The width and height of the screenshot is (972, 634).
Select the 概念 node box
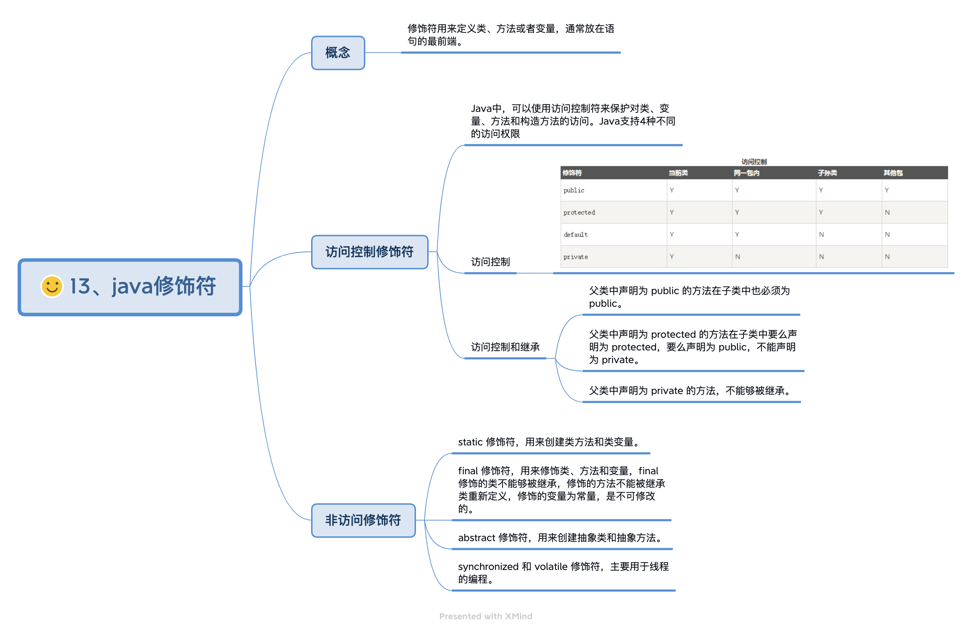click(x=338, y=53)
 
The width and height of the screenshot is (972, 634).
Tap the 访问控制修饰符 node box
click(x=369, y=252)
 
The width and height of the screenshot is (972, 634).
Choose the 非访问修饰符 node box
click(x=363, y=520)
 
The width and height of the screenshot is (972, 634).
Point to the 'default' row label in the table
click(x=575, y=234)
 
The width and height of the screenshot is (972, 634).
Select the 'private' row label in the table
click(x=575, y=257)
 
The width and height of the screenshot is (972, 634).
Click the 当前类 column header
click(x=677, y=173)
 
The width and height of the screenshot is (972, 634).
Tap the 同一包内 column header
click(x=746, y=173)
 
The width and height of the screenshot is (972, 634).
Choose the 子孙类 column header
click(x=827, y=173)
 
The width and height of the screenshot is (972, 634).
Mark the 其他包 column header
click(x=893, y=173)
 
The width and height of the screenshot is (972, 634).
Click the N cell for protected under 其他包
click(x=887, y=212)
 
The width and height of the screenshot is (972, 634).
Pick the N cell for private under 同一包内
click(x=737, y=257)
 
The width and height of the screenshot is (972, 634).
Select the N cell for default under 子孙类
click(x=821, y=234)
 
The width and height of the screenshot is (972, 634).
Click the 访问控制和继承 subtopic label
click(x=505, y=347)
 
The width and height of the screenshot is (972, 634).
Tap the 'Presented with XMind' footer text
click(x=486, y=616)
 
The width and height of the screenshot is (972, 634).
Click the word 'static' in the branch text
click(x=470, y=442)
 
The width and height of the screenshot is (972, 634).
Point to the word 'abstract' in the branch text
click(x=476, y=538)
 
